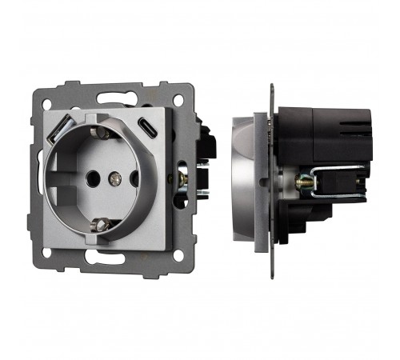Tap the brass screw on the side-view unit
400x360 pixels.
point(306,182)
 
